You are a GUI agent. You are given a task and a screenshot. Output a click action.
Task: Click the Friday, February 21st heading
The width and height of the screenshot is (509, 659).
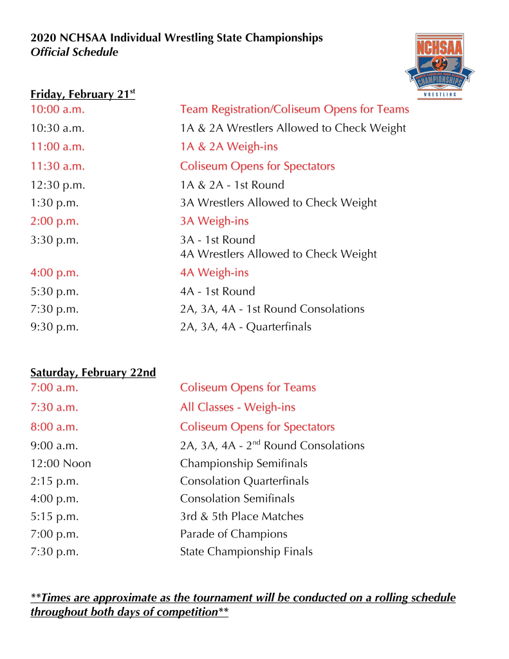point(82,94)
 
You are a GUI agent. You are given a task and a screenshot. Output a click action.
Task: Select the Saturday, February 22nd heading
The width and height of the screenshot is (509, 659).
point(93,373)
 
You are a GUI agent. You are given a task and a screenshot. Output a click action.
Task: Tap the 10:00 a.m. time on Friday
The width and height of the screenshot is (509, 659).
point(57,109)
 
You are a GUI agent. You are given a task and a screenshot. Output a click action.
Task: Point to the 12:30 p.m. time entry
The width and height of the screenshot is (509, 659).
point(58,185)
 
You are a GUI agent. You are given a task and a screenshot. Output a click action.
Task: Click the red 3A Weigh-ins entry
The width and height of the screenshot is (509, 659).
point(214,221)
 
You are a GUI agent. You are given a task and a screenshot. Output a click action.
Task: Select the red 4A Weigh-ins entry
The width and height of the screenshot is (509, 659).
point(214,273)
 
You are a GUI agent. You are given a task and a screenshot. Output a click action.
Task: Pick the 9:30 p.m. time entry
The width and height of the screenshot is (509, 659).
point(55,327)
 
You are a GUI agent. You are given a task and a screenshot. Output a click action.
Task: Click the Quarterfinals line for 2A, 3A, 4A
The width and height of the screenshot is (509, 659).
point(245,327)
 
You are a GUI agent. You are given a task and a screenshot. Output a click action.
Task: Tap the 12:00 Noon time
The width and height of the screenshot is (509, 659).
point(61,463)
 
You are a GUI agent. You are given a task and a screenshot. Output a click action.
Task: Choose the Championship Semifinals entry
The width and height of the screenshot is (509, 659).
point(244,463)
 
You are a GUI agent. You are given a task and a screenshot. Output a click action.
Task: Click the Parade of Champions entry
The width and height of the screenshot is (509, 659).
point(234,534)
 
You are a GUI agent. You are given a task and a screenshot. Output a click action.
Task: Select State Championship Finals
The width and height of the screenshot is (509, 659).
point(246,552)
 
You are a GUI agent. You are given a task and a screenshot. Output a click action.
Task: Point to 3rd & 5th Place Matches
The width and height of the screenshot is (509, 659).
point(242,516)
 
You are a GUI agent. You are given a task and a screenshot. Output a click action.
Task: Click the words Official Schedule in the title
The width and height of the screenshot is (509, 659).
point(75,53)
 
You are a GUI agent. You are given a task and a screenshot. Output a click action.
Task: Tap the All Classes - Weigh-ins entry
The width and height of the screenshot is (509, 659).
point(237,407)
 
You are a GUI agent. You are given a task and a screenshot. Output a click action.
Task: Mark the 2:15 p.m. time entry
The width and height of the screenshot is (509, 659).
point(55,481)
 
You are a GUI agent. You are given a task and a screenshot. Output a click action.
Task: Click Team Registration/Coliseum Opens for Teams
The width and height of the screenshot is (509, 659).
point(294,109)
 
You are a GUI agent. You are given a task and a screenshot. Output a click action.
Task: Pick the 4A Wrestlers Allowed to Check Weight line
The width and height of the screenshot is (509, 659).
point(279,254)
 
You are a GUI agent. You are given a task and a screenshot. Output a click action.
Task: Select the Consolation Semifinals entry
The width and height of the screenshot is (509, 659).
point(237,499)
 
